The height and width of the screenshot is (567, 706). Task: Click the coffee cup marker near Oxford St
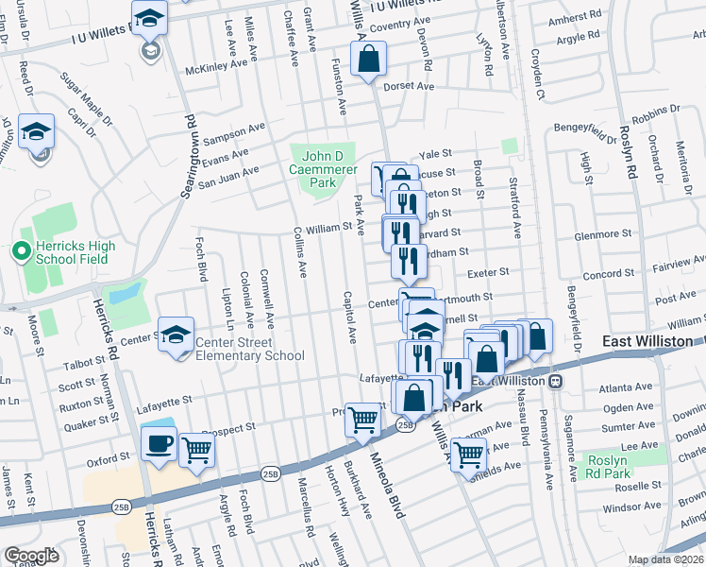(x=158, y=444)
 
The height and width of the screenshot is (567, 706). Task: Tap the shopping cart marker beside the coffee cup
(x=196, y=451)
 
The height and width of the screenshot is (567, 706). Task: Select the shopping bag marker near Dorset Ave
(x=369, y=60)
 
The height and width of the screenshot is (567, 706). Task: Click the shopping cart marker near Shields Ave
(x=468, y=455)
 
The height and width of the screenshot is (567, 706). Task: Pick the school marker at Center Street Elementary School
(x=176, y=335)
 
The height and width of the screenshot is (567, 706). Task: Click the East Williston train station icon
(x=557, y=380)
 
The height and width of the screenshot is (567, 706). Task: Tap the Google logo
(x=31, y=556)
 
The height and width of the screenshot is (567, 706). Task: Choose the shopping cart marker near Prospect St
(x=362, y=421)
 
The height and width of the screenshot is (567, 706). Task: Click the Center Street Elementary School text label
(x=249, y=350)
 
